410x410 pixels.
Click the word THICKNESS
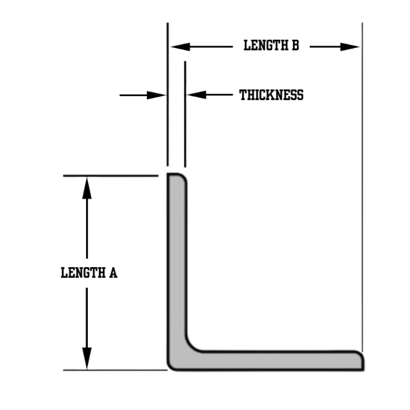tap(271, 95)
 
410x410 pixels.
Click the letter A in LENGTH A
tap(113, 272)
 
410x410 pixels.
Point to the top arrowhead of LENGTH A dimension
tap(87, 184)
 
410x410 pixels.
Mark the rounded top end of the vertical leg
tap(176, 176)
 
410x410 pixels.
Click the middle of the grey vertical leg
tap(176, 264)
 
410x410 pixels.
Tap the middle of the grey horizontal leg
tap(275, 360)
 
